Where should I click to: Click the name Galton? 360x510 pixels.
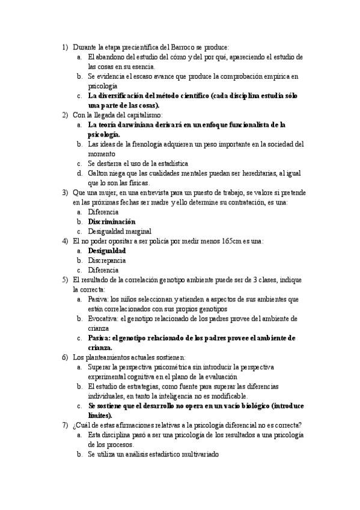coord(98,173)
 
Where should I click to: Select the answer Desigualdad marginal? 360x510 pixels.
coord(120,231)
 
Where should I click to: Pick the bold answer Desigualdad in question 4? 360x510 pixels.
coord(107,250)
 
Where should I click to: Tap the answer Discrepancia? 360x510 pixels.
coord(106,260)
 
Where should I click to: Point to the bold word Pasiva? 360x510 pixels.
coord(99,338)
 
